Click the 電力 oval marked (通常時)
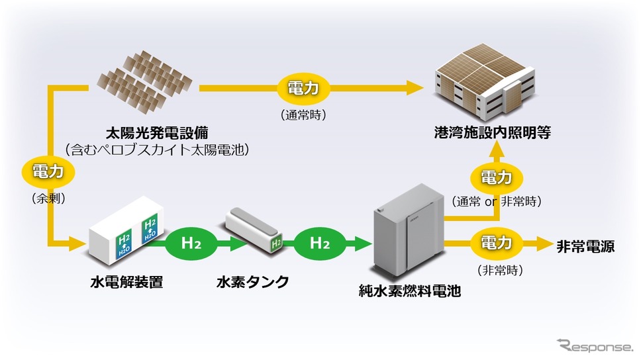[x=307, y=89]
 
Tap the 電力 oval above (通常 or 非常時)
[x=496, y=177]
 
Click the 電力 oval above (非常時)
[x=496, y=244]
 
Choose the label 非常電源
[x=585, y=246]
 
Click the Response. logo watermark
[x=594, y=345]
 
